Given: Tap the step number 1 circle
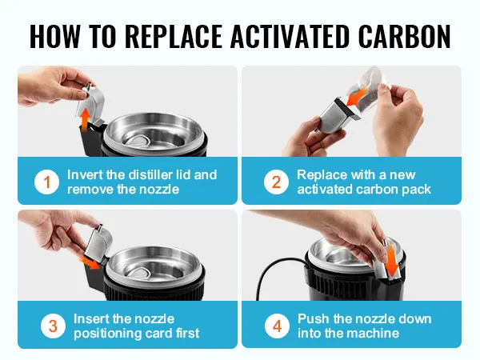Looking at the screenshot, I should click(x=46, y=182).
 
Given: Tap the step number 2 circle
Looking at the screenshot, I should click(x=276, y=182).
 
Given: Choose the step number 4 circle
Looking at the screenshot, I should click(x=276, y=326).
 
